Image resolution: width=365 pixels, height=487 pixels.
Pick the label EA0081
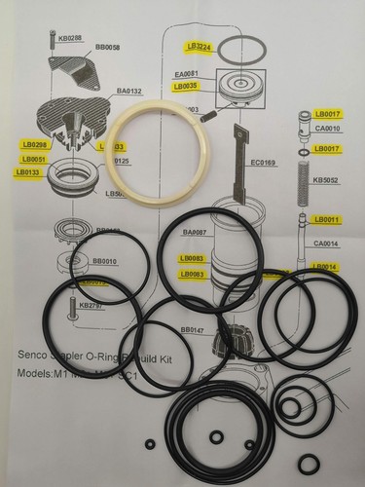pos(185,74)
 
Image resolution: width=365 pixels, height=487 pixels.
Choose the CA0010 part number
pos(326,128)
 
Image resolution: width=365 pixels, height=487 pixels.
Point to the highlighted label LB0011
pos(326,220)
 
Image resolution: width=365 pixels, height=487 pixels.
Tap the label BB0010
pos(103,261)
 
